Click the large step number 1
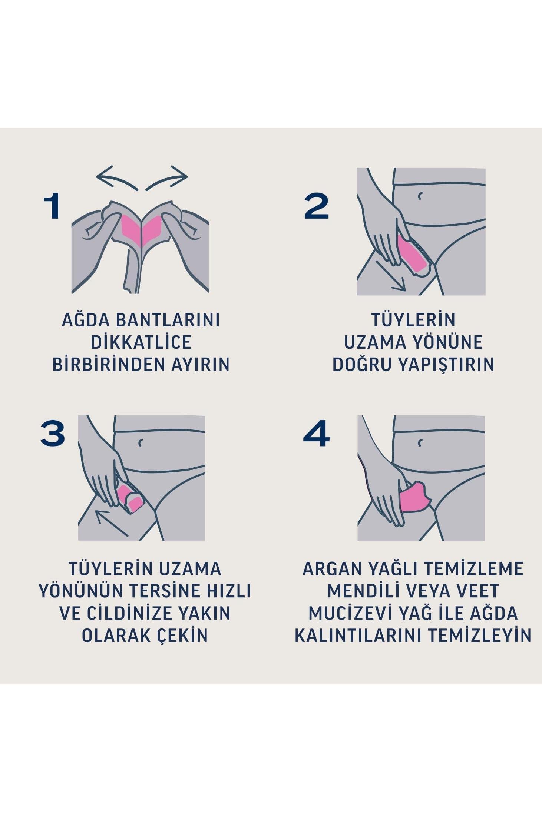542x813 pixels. click(52, 206)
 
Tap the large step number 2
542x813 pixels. click(316, 206)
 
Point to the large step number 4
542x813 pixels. click(316, 433)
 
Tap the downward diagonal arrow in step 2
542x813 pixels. click(391, 276)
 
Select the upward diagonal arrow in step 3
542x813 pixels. click(111, 522)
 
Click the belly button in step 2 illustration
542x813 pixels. click(420, 196)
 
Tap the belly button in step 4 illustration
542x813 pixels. click(420, 442)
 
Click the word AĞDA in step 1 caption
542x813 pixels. click(86, 320)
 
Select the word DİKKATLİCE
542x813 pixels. click(141, 342)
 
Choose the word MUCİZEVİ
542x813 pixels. click(350, 613)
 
